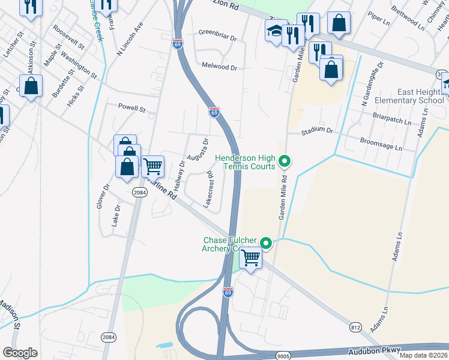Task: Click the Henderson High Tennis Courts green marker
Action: tap(286, 161)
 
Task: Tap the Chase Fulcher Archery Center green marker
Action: tap(266, 244)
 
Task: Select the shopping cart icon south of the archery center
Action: tap(251, 259)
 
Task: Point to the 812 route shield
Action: tap(355, 326)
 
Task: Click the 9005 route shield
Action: tap(284, 356)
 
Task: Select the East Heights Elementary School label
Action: tap(412, 96)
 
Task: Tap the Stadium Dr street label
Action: tap(317, 130)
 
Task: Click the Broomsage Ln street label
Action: tap(381, 143)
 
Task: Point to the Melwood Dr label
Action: tap(220, 67)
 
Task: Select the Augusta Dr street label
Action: tap(197, 150)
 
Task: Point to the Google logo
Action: tap(20, 353)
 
